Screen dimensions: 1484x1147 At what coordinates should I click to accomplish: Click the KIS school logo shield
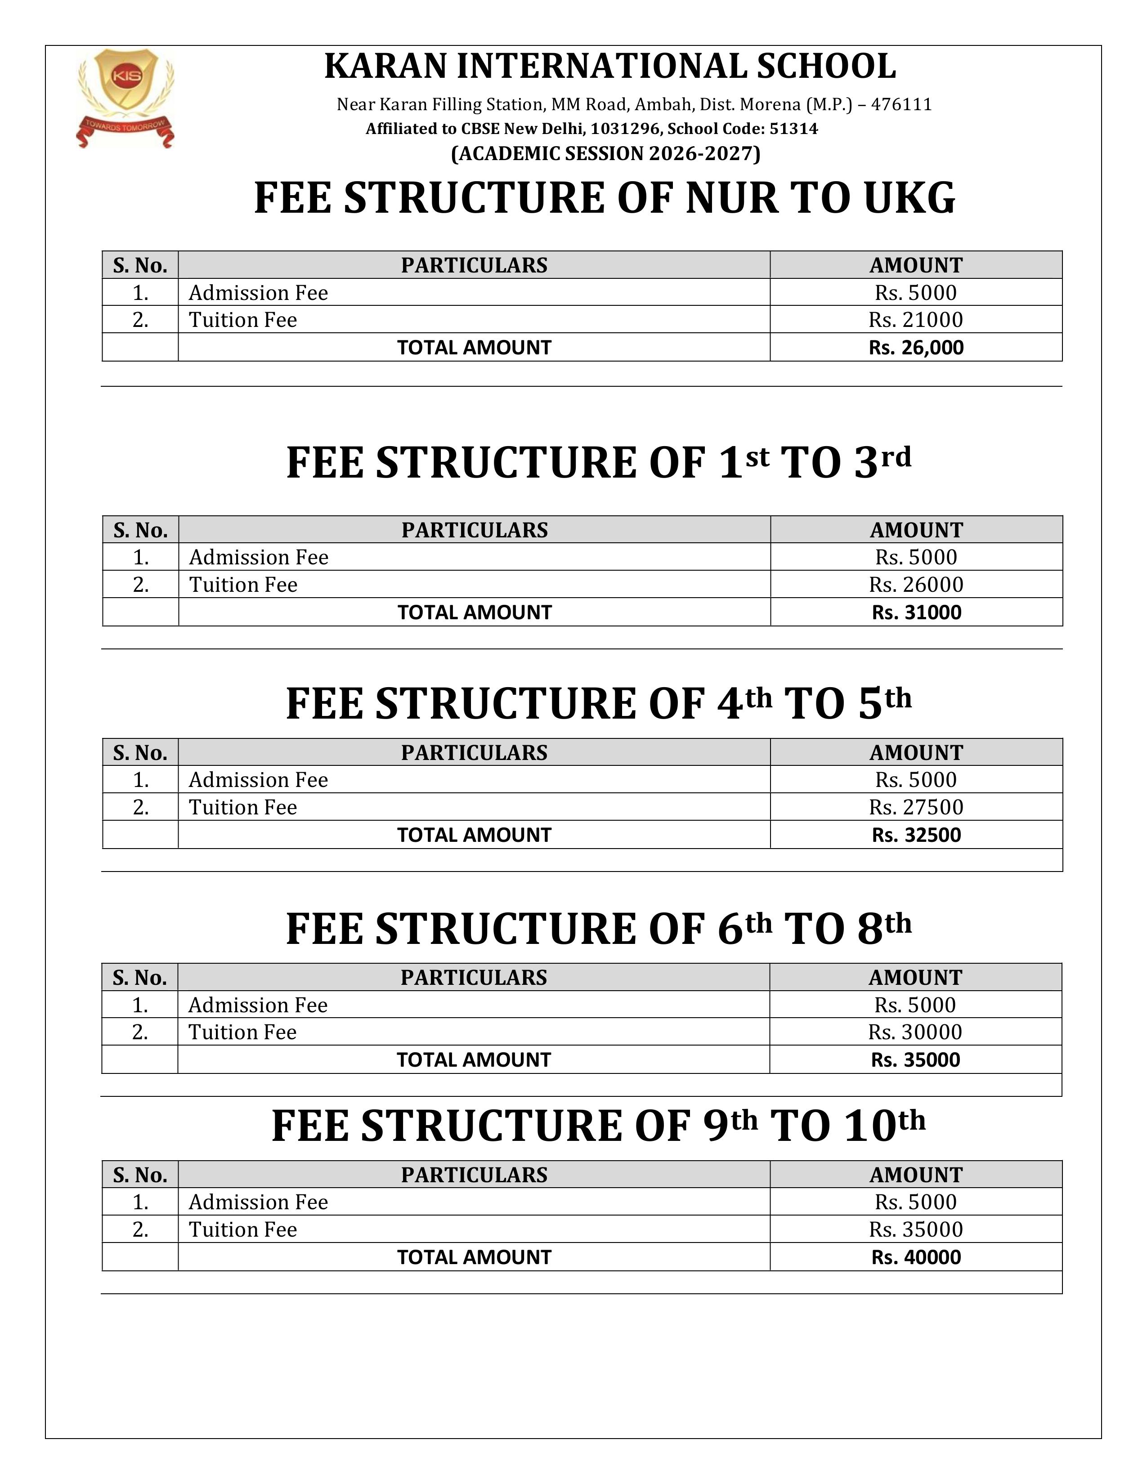125,80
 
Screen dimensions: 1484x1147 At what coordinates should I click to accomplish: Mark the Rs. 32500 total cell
916,835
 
